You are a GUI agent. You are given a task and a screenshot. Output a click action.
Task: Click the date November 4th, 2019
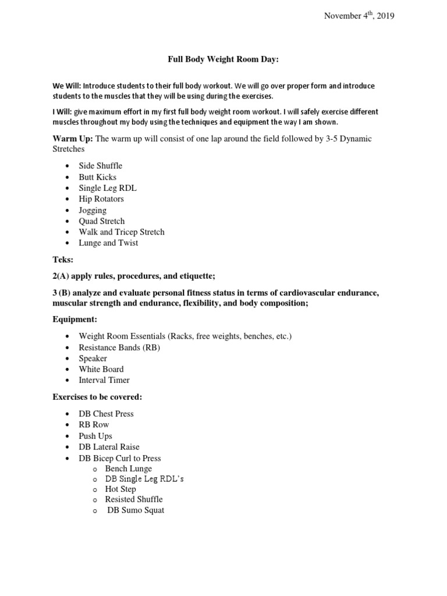tap(359, 16)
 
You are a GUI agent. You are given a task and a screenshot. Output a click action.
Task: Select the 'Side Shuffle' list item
tap(101, 166)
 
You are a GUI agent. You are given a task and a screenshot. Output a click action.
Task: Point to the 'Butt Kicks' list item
tap(98, 177)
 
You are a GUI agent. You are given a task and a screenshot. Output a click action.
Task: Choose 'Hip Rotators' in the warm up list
tap(101, 199)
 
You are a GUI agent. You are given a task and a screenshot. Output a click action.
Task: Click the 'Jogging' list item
tap(93, 210)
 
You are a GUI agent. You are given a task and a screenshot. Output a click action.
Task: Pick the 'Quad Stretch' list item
tap(102, 221)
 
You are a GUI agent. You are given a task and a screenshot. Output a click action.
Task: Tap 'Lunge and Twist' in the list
tap(109, 243)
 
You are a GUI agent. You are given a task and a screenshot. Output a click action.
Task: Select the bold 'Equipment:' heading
tap(75, 320)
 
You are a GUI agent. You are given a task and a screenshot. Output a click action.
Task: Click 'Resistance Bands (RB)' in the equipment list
tap(119, 347)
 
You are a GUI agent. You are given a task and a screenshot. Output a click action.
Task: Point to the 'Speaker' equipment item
tap(93, 359)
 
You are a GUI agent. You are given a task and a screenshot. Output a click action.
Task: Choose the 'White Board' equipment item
tap(101, 369)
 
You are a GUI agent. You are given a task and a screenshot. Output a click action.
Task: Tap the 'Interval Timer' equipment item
tap(105, 380)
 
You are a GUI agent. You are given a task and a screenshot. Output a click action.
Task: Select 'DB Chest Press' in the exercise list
tap(107, 414)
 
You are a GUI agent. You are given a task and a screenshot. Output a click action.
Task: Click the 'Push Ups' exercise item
tap(96, 436)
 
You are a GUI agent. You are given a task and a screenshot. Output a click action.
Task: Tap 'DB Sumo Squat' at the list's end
tap(136, 510)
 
